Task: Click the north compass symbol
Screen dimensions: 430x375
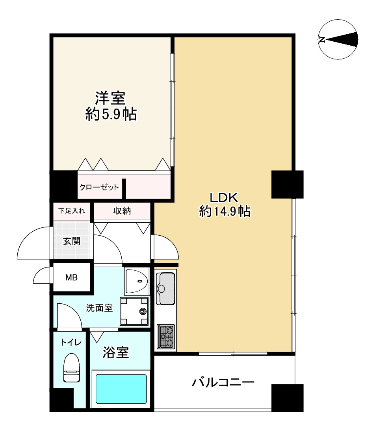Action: [x=339, y=39]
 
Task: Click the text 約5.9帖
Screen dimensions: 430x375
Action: [x=111, y=114]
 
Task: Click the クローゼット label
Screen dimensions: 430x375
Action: [x=99, y=187]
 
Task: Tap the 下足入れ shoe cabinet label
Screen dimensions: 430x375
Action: [x=71, y=210]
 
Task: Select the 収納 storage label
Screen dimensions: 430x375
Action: [x=123, y=211]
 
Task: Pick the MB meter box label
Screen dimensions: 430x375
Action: [x=71, y=277]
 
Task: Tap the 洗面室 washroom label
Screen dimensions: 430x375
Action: [x=100, y=308]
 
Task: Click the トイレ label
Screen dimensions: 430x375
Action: [x=71, y=343]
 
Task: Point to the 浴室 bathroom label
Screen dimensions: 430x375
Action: [x=116, y=352]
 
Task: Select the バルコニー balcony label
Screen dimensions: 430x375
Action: [x=223, y=382]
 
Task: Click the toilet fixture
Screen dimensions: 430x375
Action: [x=71, y=367]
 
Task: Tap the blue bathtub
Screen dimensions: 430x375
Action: [x=121, y=388]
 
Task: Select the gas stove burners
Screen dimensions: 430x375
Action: [x=165, y=336]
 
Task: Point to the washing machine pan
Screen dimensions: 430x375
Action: [x=135, y=311]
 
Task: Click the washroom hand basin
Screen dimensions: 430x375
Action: [x=136, y=281]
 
